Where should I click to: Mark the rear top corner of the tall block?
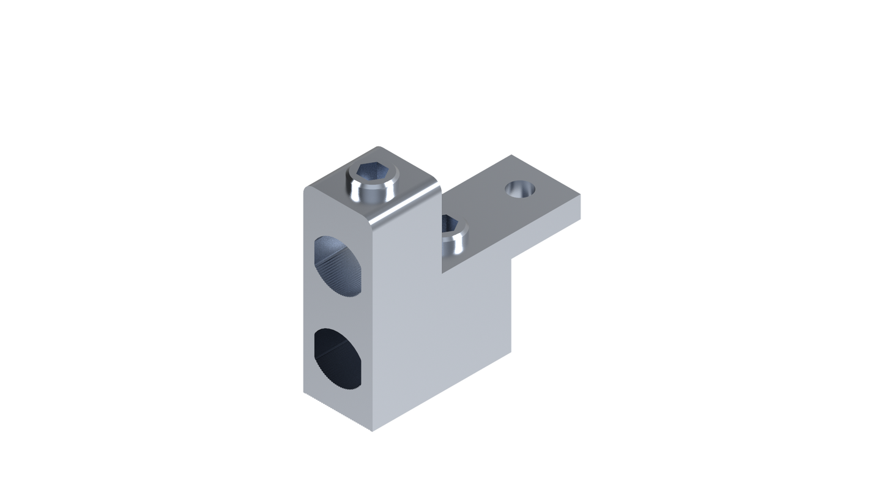coord(377,146)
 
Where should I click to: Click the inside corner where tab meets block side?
coord(441,272)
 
